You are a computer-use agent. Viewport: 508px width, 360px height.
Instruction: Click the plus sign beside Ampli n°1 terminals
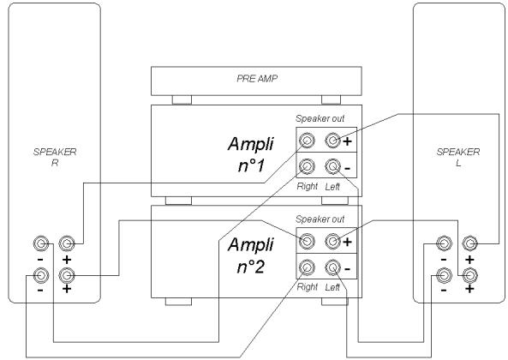347,141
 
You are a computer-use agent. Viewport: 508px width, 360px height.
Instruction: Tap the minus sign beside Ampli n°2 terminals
347,268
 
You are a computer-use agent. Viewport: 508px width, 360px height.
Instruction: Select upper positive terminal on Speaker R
66,243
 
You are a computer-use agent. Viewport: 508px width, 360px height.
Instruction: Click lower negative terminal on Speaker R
40,275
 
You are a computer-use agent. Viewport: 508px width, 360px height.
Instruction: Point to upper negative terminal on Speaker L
443,243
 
